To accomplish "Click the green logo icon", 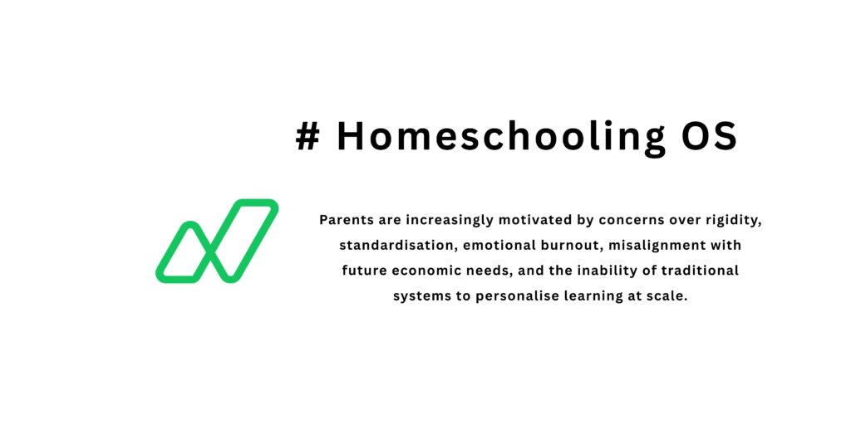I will [x=217, y=241].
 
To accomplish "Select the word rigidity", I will [x=732, y=222].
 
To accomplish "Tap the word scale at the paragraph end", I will [x=668, y=296].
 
